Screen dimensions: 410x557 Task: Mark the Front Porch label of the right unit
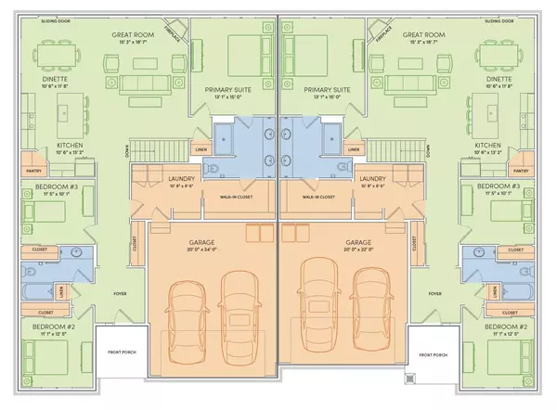[x=433, y=354]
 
